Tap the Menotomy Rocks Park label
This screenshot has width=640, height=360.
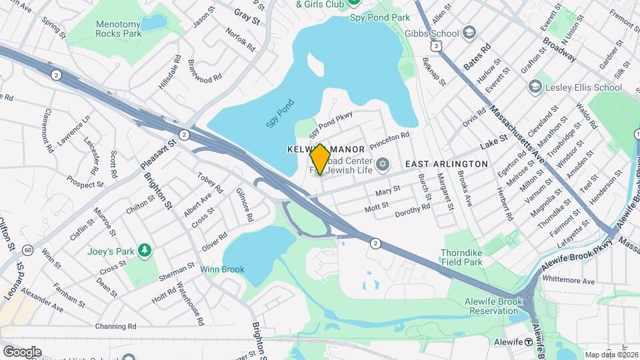[x=119, y=27]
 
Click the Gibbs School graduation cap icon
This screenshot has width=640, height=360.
[x=469, y=33]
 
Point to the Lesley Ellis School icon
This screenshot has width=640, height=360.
[x=535, y=87]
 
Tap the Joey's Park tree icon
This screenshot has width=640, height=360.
[x=143, y=251]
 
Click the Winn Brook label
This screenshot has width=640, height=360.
[x=222, y=270]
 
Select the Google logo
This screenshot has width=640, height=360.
[x=22, y=351]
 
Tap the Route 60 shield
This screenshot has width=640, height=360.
[x=27, y=250]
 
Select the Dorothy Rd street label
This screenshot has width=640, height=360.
[x=413, y=211]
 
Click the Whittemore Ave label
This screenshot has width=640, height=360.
[x=568, y=281]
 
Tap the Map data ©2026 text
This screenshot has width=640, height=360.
[x=611, y=355]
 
